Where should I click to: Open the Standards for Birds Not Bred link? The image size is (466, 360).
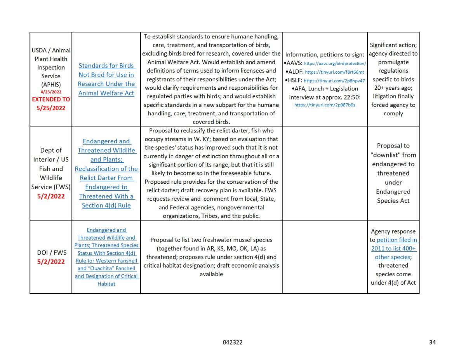coord(106,79)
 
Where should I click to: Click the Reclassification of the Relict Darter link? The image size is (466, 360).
coord(106,173)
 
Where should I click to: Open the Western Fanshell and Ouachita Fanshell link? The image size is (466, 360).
coord(106,257)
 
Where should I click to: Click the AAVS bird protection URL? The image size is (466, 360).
coord(334,63)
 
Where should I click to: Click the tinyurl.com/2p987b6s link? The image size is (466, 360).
coord(325,105)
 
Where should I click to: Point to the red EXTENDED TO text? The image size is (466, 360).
coord(51,99)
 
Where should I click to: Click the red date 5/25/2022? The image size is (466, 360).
coord(51,108)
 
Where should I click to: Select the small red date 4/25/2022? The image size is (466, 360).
coord(51,92)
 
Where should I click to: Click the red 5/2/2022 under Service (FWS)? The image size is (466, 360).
coord(51,196)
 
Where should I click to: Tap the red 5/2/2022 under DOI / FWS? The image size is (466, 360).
coord(51,261)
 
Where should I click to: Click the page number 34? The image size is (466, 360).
coord(432,342)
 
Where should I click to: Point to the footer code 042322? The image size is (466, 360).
coord(233,342)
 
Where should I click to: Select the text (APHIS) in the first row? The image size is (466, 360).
coord(51,84)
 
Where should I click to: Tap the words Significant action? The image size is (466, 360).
coord(393,45)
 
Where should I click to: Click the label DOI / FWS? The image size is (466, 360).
coord(51,253)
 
